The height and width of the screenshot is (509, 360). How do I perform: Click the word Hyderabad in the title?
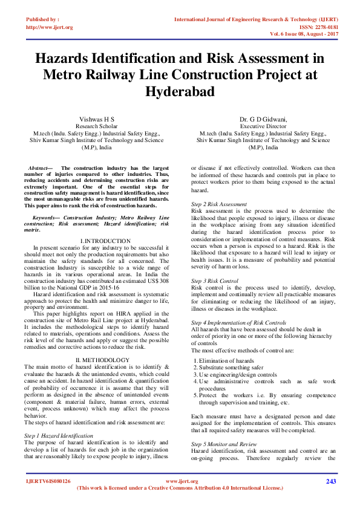tap(180, 91)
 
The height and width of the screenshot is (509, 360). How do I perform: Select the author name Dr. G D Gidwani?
tap(263, 119)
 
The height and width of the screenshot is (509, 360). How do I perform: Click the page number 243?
tap(330, 481)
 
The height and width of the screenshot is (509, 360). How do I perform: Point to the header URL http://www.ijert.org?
tap(50, 27)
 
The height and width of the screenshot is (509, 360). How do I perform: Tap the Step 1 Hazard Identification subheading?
tap(59, 435)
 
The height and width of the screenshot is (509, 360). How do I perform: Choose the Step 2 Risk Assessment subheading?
tap(219, 204)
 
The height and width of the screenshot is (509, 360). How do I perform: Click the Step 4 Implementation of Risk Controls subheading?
tap(239, 323)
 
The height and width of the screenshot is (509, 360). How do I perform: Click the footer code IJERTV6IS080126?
tap(48, 481)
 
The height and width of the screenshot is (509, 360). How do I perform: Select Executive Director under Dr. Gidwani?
tap(263, 126)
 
